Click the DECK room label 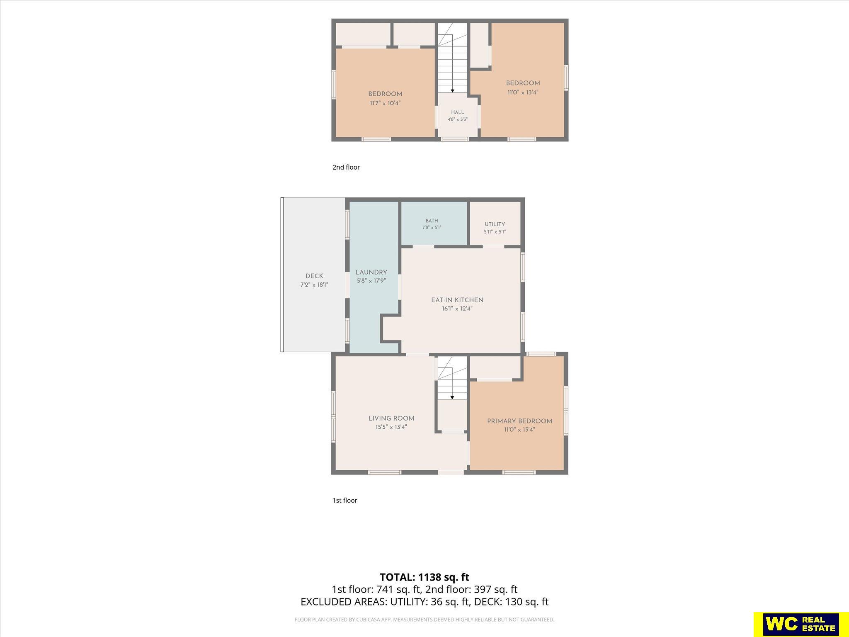coord(314,276)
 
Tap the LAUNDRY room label coord(371,272)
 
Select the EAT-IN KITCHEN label coord(457,300)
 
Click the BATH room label coord(432,221)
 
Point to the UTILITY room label coord(495,224)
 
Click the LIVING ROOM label coord(391,418)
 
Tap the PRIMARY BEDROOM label coord(519,421)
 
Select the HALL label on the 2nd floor coord(458,112)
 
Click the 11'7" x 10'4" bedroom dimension coord(385,103)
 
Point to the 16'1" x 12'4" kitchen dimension coord(457,309)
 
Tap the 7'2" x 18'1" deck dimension coord(314,285)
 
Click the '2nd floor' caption coord(346,167)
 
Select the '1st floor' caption coord(345,500)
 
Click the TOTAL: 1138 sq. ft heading coord(424,577)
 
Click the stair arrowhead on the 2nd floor coord(452,91)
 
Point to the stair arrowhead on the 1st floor coord(452,398)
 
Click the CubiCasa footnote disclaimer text coord(424,620)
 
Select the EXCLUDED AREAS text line coord(424,602)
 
